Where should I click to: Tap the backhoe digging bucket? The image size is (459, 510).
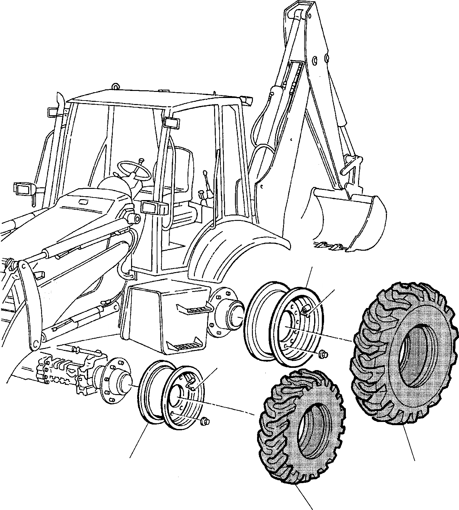pyautogui.click(x=349, y=221)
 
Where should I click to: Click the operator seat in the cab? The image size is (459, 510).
pyautogui.click(x=181, y=179)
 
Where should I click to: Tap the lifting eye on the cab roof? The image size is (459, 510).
pyautogui.click(x=115, y=86)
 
